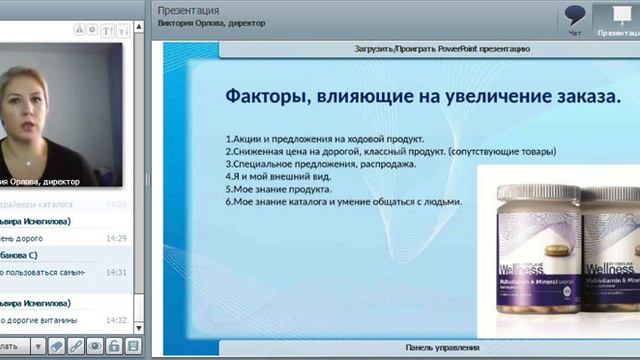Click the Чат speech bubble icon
(574, 16)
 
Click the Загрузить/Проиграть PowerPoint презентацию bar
(441, 48)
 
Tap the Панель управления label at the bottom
(441, 347)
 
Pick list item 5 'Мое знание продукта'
(279, 188)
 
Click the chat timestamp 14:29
(117, 238)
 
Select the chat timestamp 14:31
(117, 272)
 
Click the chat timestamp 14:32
(117, 320)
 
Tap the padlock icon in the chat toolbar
(114, 346)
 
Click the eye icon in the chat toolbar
(95, 346)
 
